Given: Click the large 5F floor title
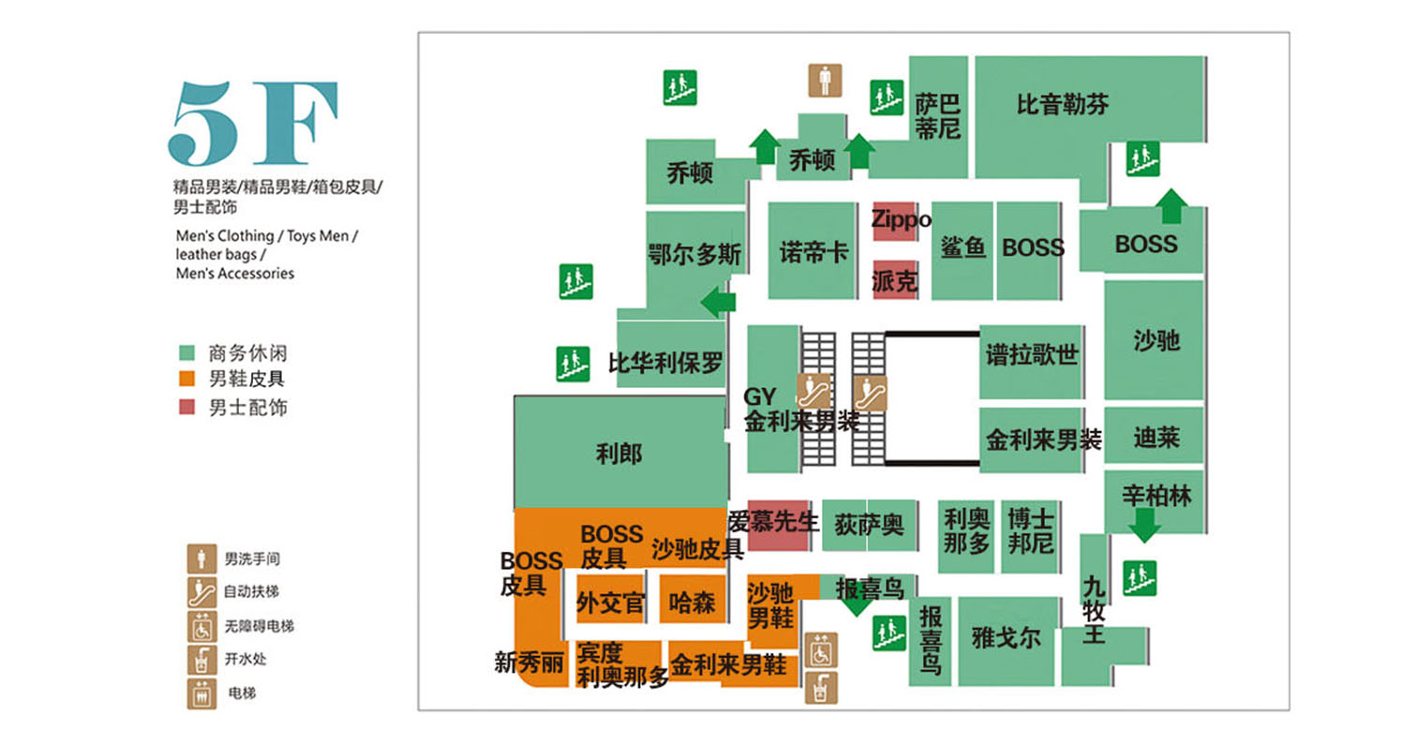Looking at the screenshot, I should click(x=253, y=123).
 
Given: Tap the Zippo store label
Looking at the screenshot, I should click(x=894, y=220).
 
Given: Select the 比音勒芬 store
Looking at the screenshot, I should click(x=1063, y=105).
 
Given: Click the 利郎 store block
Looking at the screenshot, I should click(x=619, y=454).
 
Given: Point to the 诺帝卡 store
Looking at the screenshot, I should click(x=813, y=251).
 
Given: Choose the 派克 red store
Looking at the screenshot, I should click(x=895, y=279).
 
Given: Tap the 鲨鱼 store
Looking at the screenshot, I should click(x=962, y=248).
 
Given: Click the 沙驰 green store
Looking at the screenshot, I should click(x=1155, y=340).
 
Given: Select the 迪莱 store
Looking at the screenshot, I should click(x=1155, y=436).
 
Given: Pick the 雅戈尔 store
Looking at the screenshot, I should click(x=1006, y=639).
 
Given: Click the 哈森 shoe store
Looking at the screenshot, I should click(x=692, y=602).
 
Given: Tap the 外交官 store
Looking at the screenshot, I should click(x=610, y=602).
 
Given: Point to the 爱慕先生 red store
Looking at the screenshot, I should click(x=777, y=526).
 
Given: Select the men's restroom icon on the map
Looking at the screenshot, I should click(x=825, y=81).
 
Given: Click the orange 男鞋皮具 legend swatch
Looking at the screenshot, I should click(x=187, y=380).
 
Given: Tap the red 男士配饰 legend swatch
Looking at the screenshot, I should click(x=187, y=407).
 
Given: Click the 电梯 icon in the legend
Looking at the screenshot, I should click(x=201, y=693).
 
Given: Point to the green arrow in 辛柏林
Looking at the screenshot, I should click(x=1144, y=526).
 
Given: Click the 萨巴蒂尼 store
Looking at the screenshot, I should click(x=937, y=114).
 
